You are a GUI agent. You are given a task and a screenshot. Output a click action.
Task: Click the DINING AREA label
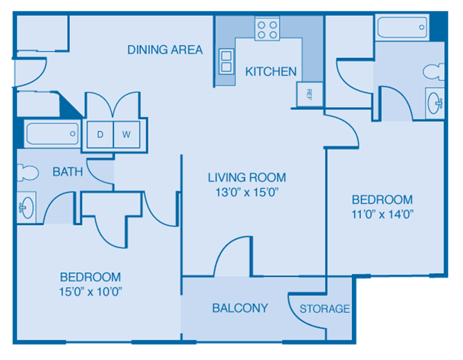click(165, 49)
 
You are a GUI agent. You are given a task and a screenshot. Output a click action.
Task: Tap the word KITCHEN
click(271, 71)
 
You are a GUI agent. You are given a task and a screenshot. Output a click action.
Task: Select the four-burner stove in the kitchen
click(267, 29)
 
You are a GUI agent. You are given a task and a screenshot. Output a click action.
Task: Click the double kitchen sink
click(226, 61)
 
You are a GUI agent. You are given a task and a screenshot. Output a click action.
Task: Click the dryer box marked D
click(100, 135)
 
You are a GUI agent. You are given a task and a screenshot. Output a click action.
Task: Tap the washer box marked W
click(126, 135)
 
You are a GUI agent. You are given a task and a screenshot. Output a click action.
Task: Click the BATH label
click(68, 172)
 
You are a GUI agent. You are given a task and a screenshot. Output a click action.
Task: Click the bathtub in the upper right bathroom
click(402, 28)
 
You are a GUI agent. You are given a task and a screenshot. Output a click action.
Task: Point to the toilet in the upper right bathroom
click(434, 72)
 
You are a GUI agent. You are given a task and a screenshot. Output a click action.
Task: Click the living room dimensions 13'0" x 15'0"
click(247, 191)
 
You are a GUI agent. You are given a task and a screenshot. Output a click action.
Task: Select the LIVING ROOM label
click(247, 177)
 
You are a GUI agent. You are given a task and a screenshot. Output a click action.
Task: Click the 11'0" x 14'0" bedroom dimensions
click(382, 214)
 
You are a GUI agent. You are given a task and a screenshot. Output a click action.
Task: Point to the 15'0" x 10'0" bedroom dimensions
click(90, 291)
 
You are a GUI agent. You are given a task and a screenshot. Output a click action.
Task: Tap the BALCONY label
click(240, 307)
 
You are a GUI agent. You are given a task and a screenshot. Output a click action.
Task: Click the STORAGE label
click(325, 308)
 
